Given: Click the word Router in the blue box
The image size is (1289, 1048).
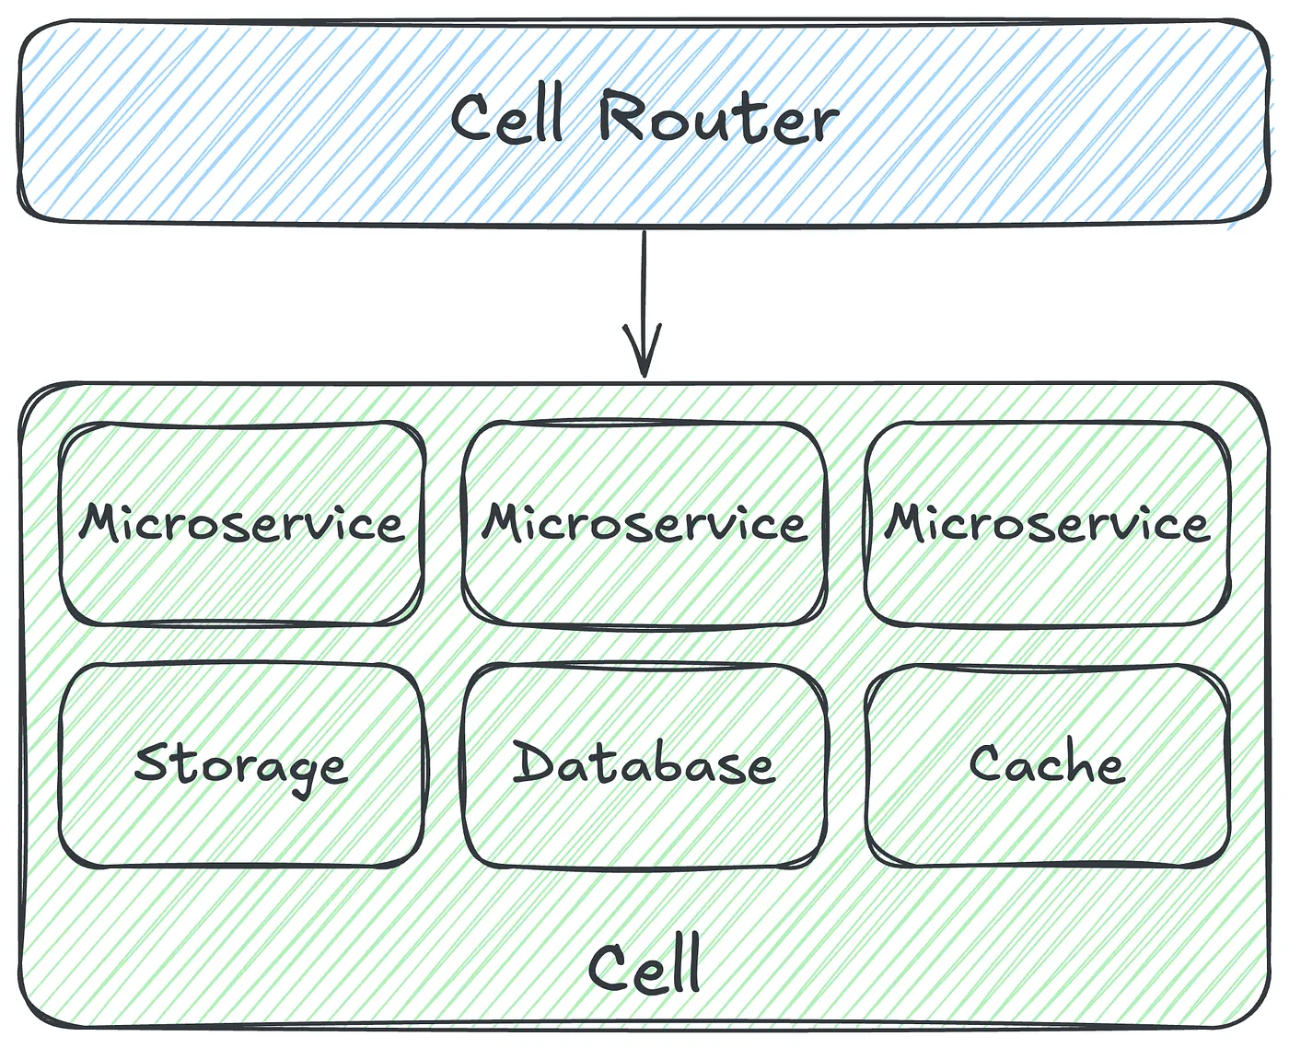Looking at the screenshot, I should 718,118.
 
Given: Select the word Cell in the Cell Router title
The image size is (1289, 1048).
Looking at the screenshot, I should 506,118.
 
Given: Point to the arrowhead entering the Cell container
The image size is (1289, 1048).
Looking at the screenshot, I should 644,355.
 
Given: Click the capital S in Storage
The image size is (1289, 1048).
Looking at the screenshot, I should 151,763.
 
